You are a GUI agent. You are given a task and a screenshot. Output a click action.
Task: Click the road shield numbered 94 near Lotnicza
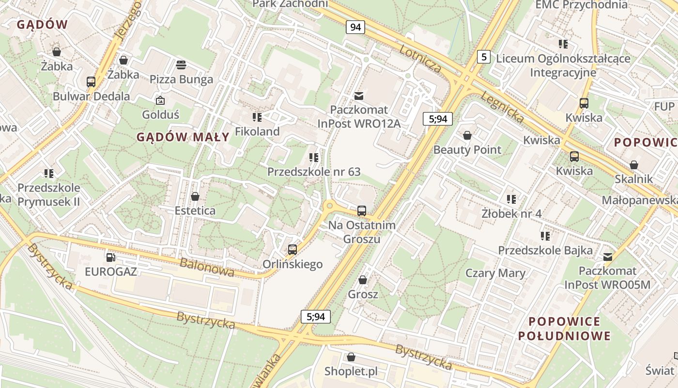click(355, 27)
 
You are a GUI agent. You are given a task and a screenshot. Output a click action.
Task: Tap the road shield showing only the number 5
click(483, 57)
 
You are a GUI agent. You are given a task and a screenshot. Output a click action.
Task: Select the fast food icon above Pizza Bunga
click(181, 65)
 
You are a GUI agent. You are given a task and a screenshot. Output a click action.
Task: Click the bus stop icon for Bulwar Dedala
click(91, 81)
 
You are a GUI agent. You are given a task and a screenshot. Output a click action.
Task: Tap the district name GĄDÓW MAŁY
click(183, 137)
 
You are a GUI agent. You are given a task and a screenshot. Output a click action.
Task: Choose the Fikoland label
click(257, 131)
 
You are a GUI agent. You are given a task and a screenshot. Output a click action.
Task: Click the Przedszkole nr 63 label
click(314, 172)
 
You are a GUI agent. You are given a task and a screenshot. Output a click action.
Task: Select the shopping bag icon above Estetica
click(195, 196)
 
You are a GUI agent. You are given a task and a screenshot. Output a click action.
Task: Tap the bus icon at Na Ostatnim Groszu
click(362, 210)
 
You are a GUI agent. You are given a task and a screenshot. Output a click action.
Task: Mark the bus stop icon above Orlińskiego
click(293, 250)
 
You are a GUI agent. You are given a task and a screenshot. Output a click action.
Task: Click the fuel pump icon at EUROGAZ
click(111, 257)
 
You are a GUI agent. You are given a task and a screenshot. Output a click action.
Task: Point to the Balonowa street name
click(207, 267)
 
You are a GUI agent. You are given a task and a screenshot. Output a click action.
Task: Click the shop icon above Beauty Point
click(467, 135)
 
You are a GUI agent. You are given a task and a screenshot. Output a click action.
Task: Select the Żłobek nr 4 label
click(511, 213)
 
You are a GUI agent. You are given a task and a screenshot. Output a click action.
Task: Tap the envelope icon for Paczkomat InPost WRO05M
click(608, 257)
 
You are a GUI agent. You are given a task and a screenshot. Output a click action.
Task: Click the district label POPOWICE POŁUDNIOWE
click(564, 328)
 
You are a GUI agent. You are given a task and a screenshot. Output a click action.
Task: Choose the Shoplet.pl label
click(351, 372)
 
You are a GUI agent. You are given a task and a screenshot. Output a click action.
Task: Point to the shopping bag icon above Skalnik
click(634, 165)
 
